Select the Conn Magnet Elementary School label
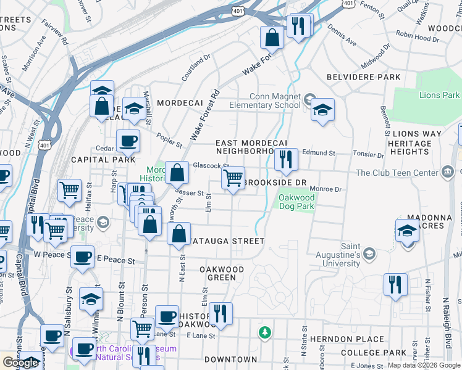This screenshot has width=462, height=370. coord(275,101)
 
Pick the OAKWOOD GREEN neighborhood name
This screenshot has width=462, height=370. coord(222,274)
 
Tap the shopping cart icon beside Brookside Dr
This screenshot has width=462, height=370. coord(233,178)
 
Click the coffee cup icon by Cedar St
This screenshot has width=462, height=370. coord(128,141)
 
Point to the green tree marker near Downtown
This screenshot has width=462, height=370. coord(265,333)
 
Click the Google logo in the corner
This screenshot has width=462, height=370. coord(20,363)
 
